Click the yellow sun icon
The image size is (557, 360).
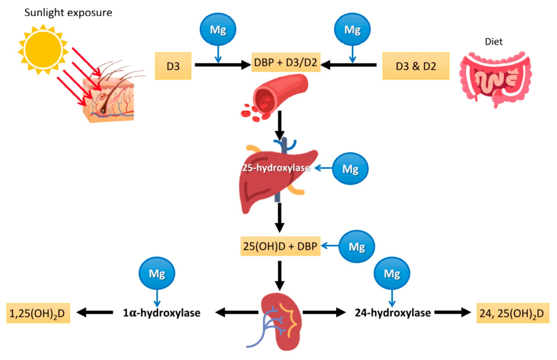point(43,50)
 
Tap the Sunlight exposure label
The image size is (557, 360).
point(68,13)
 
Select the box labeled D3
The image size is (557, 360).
point(173,66)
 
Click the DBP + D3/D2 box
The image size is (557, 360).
point(286,62)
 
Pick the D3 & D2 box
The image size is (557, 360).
point(416,66)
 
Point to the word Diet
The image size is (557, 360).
point(493,42)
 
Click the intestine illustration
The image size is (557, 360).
point(495,79)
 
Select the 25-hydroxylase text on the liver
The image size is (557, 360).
point(276,168)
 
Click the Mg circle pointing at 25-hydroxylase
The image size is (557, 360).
point(350,169)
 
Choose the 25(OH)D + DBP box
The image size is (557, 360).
point(280,247)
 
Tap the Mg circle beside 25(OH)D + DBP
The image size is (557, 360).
point(357,247)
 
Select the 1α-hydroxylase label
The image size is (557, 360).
point(161,313)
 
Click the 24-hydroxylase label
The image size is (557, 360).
point(393,313)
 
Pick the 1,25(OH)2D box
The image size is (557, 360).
point(38,313)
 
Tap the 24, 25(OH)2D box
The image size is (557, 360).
point(512,313)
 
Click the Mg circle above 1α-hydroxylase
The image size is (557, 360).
point(157,273)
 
